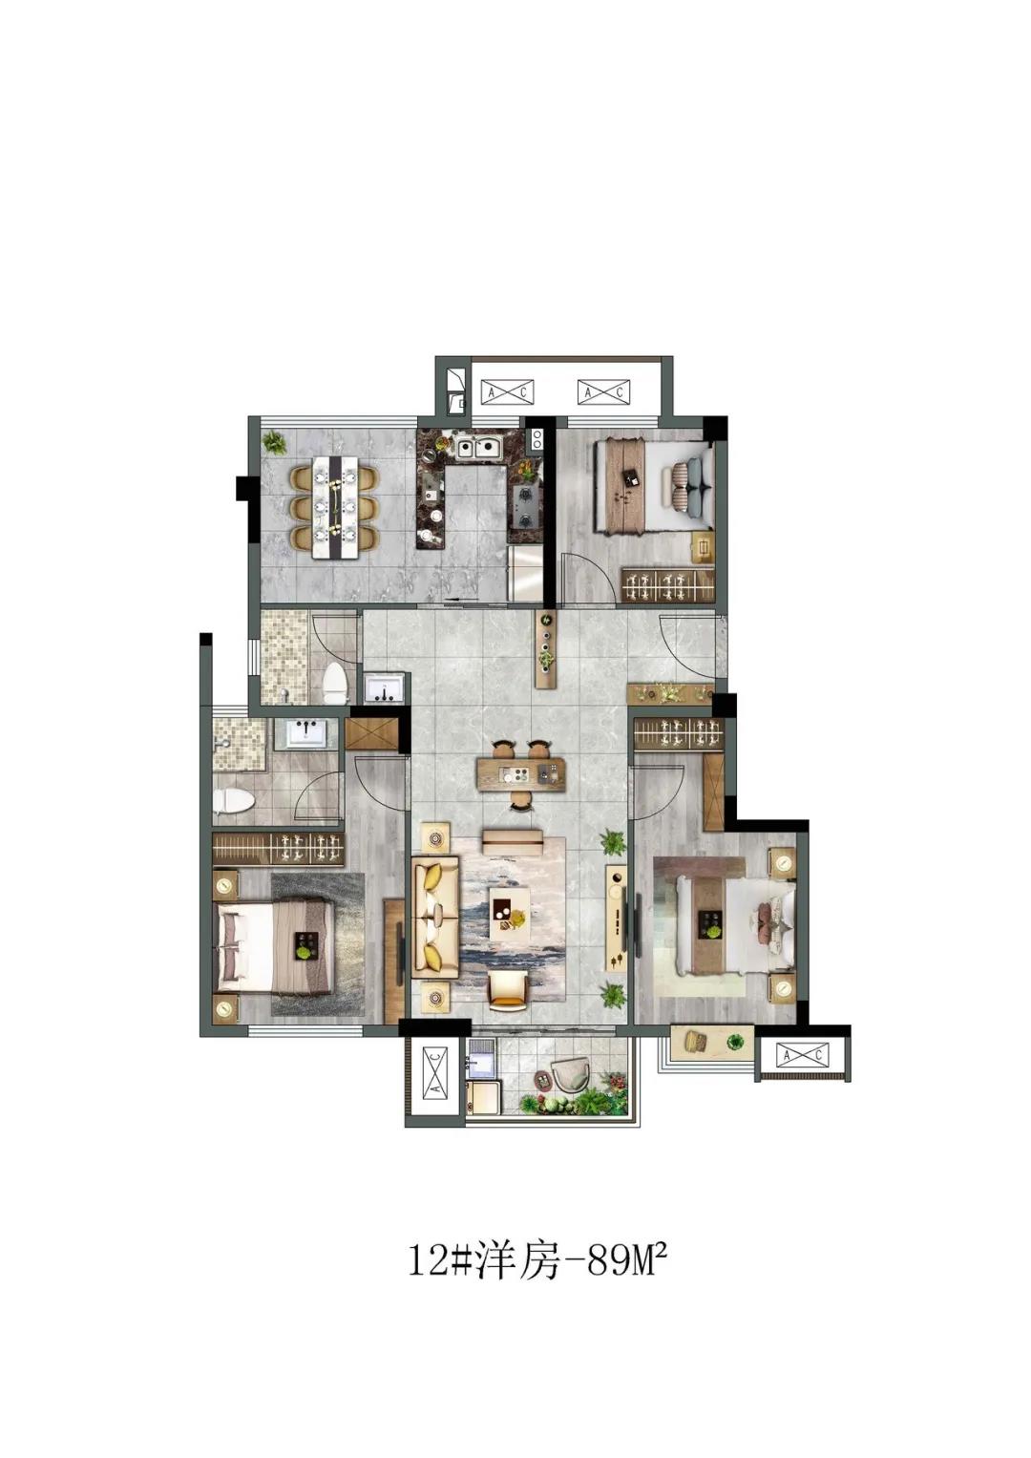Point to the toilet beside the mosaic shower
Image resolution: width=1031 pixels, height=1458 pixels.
(336, 682)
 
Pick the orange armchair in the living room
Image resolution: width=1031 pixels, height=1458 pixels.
(509, 991)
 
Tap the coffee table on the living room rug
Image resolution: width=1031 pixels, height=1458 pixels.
(510, 914)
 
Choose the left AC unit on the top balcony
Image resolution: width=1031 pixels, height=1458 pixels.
(507, 391)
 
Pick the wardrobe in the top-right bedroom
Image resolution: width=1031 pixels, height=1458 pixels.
(668, 584)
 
